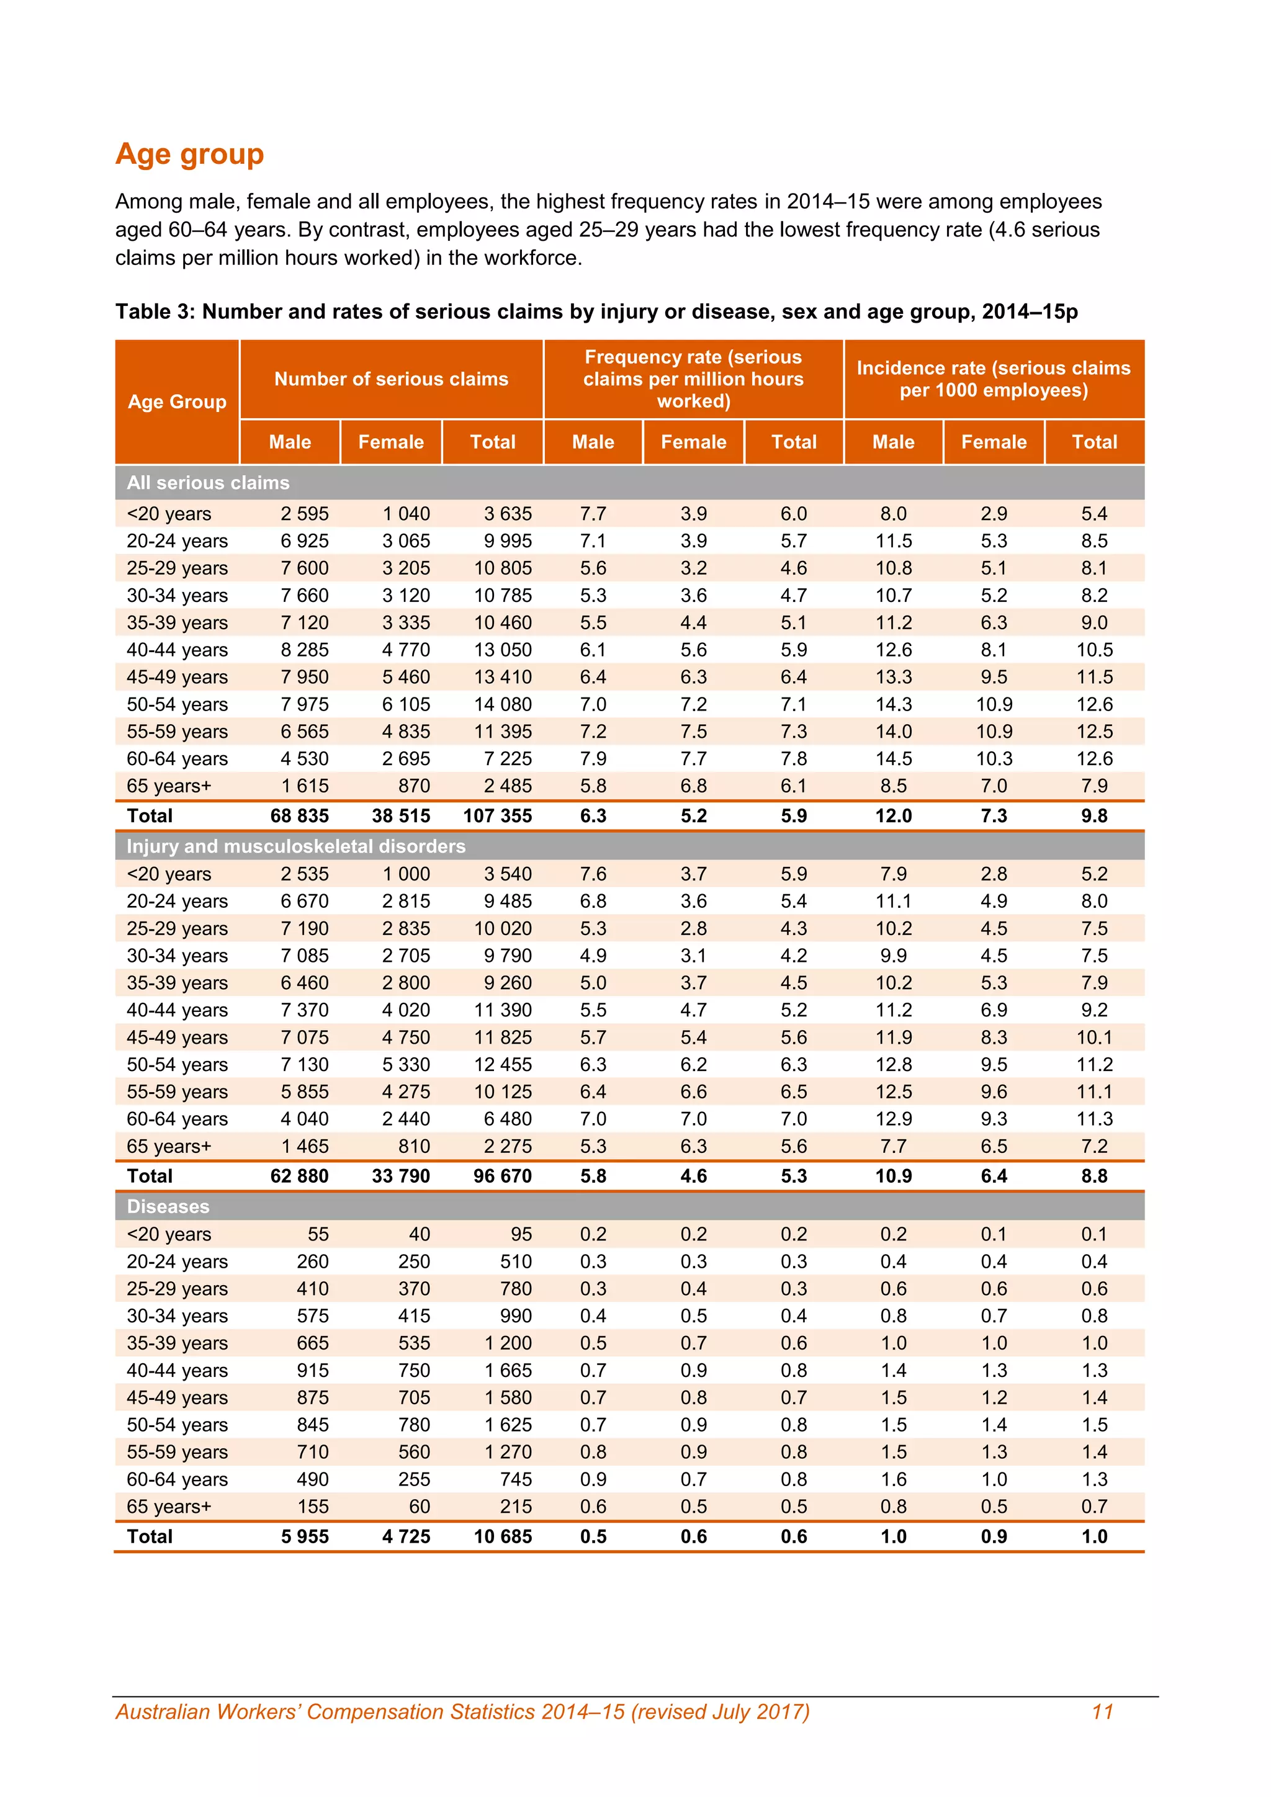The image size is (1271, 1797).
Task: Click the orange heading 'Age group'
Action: pos(189,154)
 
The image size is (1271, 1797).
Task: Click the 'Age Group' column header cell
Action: pos(177,401)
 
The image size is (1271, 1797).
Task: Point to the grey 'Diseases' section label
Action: pos(168,1206)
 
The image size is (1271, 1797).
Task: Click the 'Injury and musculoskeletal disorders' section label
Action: pos(296,846)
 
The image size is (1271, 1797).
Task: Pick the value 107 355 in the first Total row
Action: pos(497,815)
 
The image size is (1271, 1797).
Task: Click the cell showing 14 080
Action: pos(503,704)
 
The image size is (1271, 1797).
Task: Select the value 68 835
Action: pos(299,815)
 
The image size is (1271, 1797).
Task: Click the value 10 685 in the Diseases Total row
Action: pos(503,1536)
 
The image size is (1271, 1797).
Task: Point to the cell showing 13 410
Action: pos(503,677)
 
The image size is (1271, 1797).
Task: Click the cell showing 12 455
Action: pos(503,1064)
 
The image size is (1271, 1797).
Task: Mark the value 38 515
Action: pos(401,815)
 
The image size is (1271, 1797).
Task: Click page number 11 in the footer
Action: pos(1102,1712)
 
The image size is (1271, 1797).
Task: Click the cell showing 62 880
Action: pos(299,1176)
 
